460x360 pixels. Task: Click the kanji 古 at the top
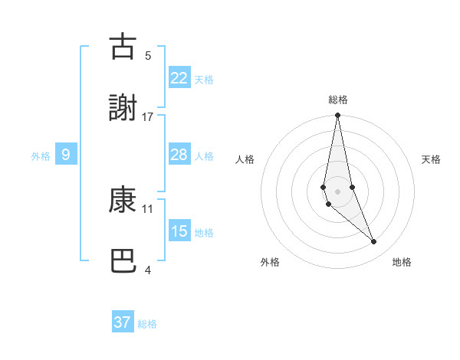coord(123,47)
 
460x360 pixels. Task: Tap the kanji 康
coord(123,200)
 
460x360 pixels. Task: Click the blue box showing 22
coord(179,78)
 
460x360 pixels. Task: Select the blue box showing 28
coord(179,155)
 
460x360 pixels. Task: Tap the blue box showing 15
coord(179,231)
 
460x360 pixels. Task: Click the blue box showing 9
coord(66,155)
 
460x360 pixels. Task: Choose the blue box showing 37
coord(122,322)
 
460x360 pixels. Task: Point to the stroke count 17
coord(148,116)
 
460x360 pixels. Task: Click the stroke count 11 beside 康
coord(148,208)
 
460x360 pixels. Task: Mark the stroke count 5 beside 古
coord(148,55)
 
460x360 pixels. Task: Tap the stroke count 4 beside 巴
coord(148,270)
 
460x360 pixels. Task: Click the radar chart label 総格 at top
coord(338,100)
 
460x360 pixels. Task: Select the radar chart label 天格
coord(432,159)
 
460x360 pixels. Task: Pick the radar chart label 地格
coord(402,262)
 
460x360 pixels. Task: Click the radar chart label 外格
coord(270,262)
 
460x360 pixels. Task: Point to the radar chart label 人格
coord(245,159)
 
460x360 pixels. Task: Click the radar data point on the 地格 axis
coord(374,242)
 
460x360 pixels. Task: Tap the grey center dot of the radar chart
coord(337,191)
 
